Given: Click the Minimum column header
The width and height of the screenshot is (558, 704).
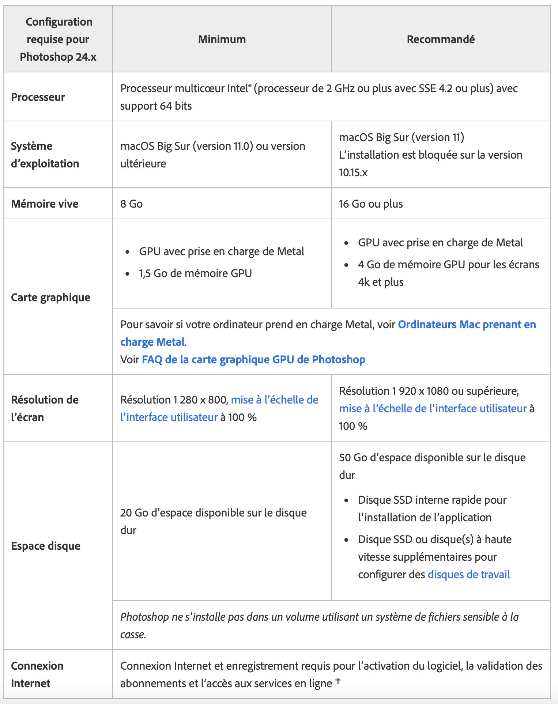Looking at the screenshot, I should (222, 39).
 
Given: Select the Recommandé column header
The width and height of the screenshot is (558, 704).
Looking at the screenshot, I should (441, 39).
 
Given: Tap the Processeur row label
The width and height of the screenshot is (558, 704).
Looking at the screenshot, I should (38, 97).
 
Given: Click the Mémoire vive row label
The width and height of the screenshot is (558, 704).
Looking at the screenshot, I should (45, 204).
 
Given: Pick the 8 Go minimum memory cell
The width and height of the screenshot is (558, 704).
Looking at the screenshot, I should (131, 204).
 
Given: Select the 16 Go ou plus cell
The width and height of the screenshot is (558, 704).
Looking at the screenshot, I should (371, 204).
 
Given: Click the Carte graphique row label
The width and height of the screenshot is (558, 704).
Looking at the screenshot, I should (50, 297).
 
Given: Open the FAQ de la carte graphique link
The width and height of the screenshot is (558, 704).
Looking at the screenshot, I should (253, 359).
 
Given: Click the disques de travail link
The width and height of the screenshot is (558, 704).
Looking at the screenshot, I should (468, 574).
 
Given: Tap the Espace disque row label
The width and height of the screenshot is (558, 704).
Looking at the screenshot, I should (46, 546).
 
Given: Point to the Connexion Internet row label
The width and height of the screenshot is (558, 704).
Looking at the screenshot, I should (37, 674).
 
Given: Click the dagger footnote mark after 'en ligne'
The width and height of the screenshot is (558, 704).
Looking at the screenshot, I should (338, 681).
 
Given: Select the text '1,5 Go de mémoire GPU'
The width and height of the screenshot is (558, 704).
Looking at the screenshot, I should (195, 273).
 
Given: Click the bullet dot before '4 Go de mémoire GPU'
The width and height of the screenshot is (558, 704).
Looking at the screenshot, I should (346, 265).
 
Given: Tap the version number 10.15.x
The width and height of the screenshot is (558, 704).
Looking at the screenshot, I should (353, 172).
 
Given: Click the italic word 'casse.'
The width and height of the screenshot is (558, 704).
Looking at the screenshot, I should (133, 635).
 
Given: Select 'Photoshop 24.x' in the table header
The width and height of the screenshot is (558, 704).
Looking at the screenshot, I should (58, 57).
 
